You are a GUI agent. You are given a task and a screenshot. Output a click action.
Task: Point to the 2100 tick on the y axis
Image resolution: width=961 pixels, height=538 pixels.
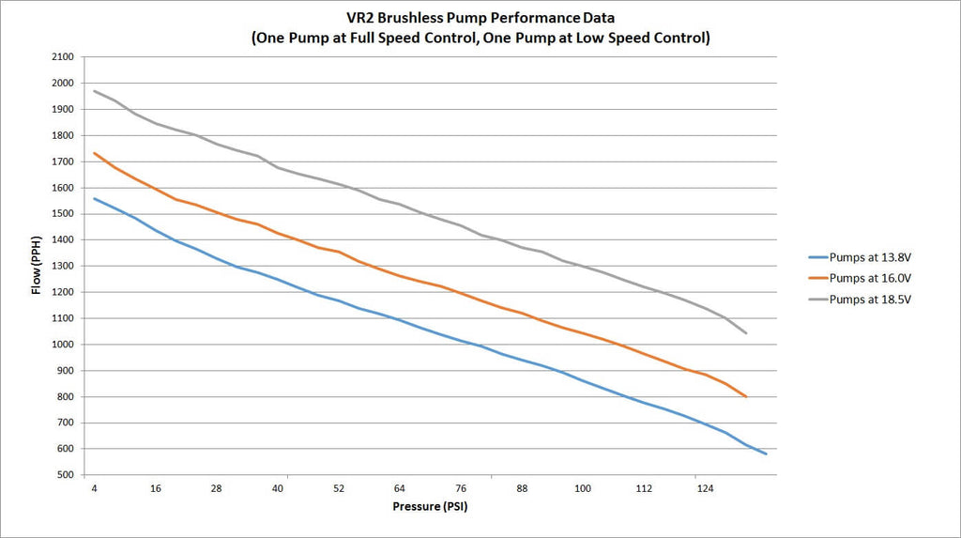tap(62, 57)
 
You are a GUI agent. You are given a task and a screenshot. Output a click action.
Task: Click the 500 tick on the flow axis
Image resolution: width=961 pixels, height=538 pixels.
tap(65, 475)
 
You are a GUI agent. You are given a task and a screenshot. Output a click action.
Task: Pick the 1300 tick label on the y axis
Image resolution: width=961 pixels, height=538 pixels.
tap(62, 267)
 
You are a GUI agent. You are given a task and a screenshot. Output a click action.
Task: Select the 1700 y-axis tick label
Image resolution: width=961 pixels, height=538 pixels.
tap(62, 161)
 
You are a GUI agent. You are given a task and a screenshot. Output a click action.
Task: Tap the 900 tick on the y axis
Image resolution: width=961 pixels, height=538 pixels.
tap(65, 371)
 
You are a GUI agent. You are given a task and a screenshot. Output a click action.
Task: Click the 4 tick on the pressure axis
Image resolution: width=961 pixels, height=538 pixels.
tap(95, 489)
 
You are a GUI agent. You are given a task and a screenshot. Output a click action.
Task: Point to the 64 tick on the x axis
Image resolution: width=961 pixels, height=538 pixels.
tap(400, 489)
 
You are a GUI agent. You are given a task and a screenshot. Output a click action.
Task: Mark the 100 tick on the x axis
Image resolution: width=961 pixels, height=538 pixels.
tap(583, 489)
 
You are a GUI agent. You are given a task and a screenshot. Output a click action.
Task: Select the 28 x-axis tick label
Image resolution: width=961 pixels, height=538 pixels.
tap(217, 489)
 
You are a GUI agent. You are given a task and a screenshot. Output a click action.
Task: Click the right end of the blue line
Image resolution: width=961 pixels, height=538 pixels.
tap(767, 454)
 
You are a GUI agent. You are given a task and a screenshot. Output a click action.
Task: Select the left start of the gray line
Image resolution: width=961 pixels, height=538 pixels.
tap(94, 91)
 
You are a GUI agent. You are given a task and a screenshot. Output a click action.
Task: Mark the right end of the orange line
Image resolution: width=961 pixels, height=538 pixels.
tap(746, 397)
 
